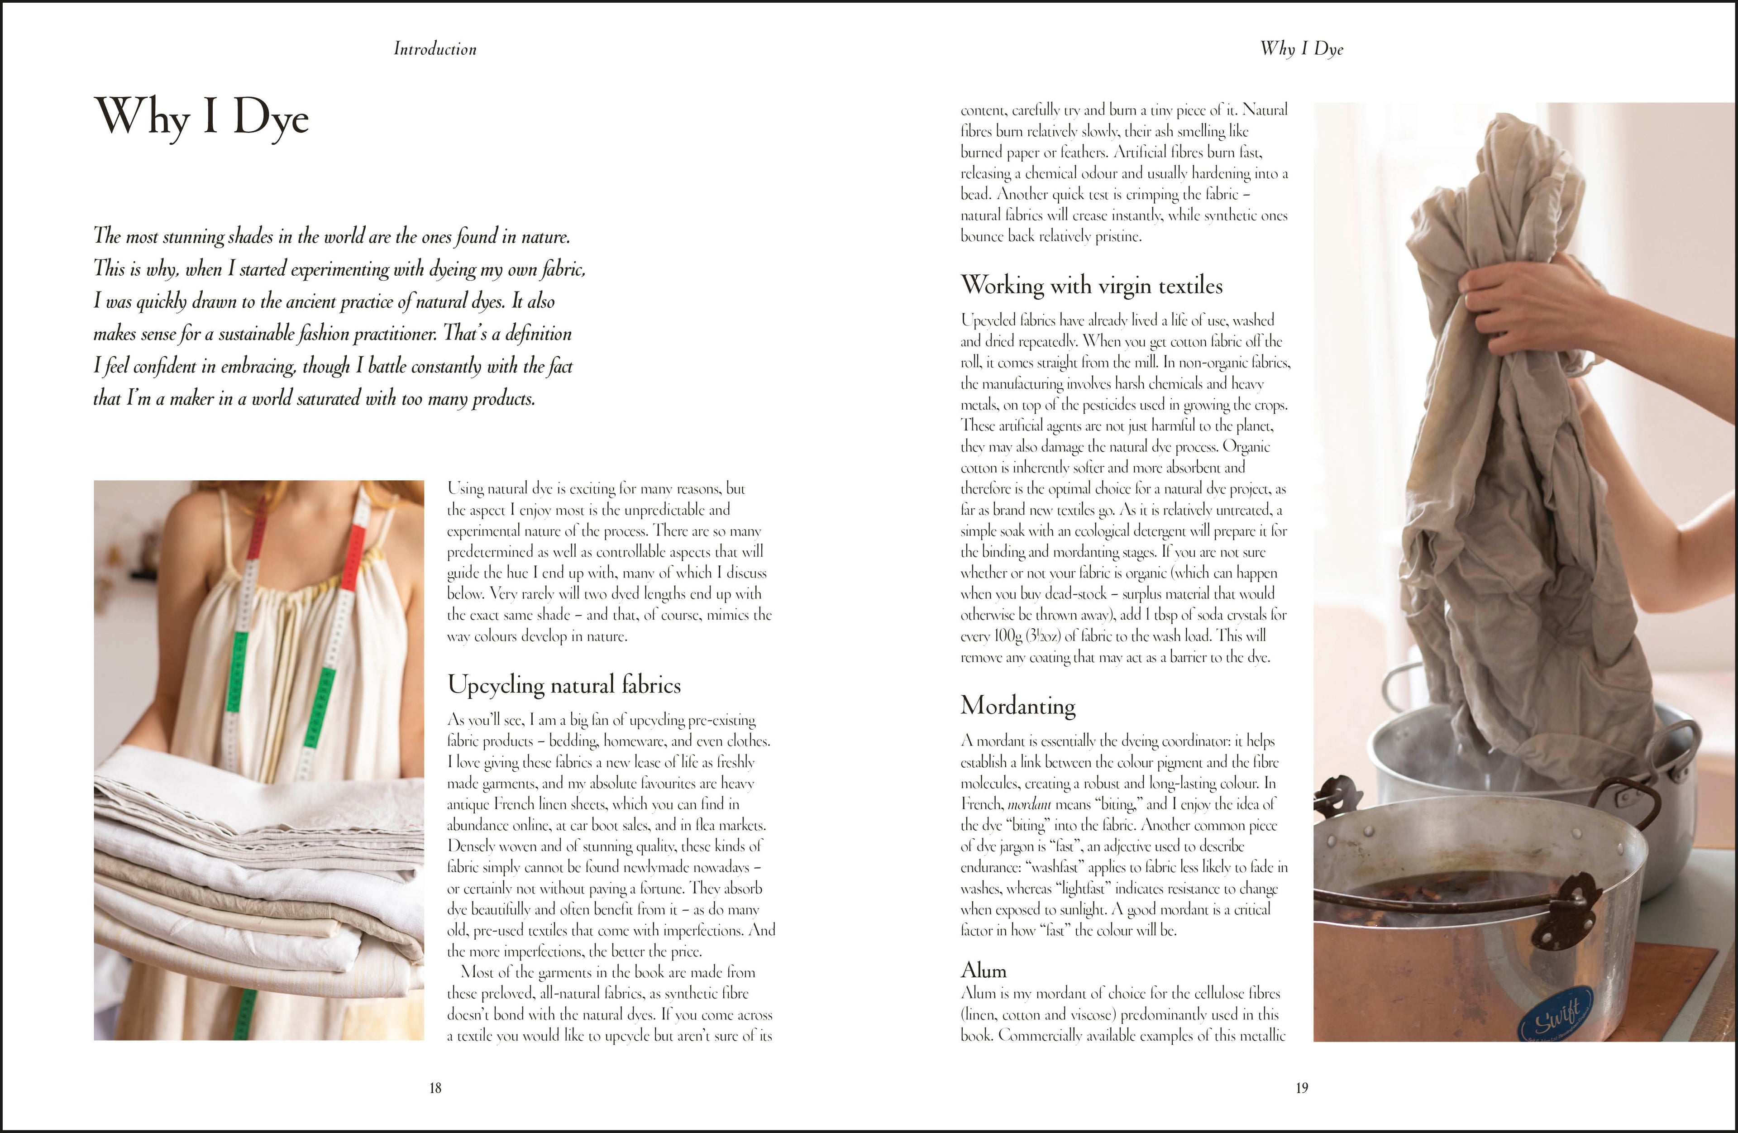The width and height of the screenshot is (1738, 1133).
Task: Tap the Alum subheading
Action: click(x=983, y=970)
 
